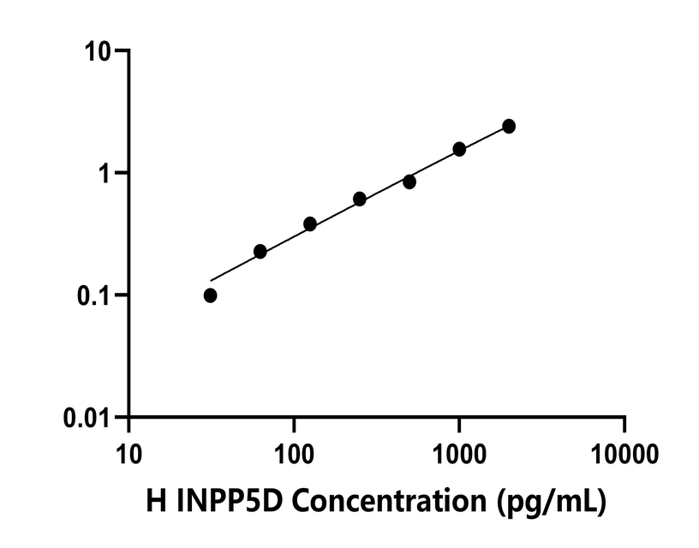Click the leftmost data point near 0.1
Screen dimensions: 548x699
point(211,295)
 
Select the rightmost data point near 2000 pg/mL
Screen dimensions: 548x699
point(509,126)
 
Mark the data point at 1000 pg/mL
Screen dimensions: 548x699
point(459,149)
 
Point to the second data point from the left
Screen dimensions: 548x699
point(260,252)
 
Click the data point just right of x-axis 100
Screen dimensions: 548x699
point(310,224)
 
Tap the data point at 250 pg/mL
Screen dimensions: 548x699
point(360,199)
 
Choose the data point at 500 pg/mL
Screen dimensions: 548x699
point(409,182)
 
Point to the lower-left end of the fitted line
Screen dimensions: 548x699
point(212,280)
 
